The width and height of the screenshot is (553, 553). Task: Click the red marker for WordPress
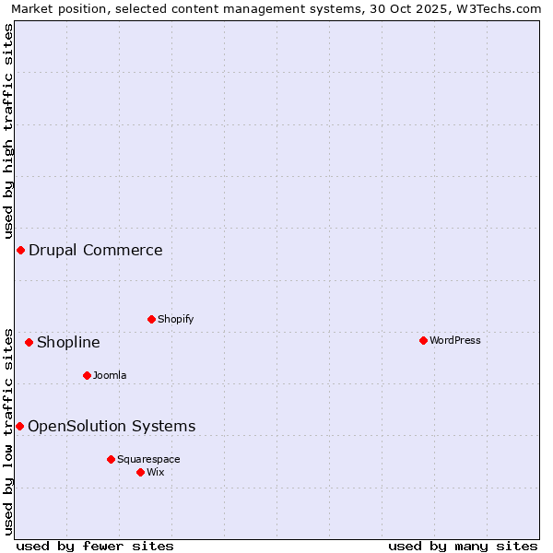tap(423, 340)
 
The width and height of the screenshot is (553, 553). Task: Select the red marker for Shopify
tap(151, 319)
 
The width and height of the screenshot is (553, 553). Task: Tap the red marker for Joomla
tap(87, 375)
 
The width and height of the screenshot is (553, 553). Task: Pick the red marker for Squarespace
tap(111, 459)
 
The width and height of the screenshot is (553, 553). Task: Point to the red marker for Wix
tap(140, 472)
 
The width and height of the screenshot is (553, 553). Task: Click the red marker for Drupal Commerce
tap(20, 250)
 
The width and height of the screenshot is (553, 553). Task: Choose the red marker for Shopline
tap(29, 342)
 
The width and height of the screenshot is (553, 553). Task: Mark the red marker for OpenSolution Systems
tap(19, 426)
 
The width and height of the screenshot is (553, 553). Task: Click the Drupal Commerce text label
tap(96, 250)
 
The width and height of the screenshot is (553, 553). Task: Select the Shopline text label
tap(68, 343)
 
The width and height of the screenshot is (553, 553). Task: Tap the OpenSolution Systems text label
tap(112, 426)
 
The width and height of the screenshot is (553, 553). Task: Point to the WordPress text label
tap(455, 340)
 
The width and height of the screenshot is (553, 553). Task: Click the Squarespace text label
tap(148, 459)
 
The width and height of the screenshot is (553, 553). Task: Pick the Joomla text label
tap(110, 375)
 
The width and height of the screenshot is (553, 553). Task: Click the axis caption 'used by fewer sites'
tap(95, 546)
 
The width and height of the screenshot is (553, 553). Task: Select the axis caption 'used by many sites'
tap(463, 546)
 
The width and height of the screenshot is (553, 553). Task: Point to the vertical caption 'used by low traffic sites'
tap(8, 430)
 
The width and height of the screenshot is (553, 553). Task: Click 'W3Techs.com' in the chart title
tap(502, 8)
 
